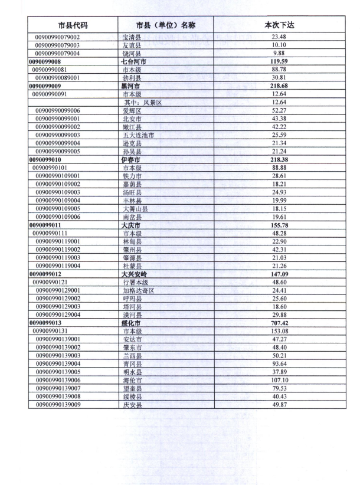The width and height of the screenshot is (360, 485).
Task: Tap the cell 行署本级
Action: click(x=134, y=282)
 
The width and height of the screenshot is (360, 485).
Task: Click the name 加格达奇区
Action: click(x=138, y=290)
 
